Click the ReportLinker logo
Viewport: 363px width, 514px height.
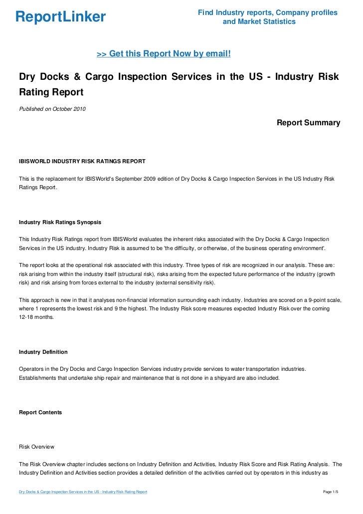(61, 17)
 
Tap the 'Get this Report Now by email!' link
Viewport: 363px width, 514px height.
(164, 53)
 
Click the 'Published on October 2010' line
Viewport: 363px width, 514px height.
(52, 109)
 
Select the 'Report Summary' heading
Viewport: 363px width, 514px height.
(308, 123)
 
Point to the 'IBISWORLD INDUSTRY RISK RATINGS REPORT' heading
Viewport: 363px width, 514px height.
(82, 161)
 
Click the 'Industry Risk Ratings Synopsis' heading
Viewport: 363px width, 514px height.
(61, 223)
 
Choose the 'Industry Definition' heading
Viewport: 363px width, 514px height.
(43, 352)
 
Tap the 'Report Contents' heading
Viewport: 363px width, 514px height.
(40, 413)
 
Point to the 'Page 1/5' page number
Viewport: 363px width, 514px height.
(331, 493)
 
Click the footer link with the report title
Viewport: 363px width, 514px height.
(83, 493)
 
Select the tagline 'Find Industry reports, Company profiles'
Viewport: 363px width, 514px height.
(267, 12)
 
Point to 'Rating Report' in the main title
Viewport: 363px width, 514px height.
(51, 92)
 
